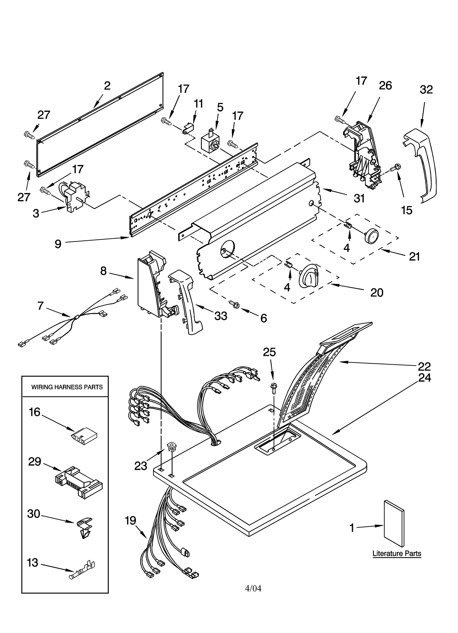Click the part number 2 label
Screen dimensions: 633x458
point(107,86)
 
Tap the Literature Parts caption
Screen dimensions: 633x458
point(396,553)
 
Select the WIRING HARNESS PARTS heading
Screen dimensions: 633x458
point(67,387)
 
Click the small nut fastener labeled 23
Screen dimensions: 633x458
point(171,446)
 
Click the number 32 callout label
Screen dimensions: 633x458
point(426,90)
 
